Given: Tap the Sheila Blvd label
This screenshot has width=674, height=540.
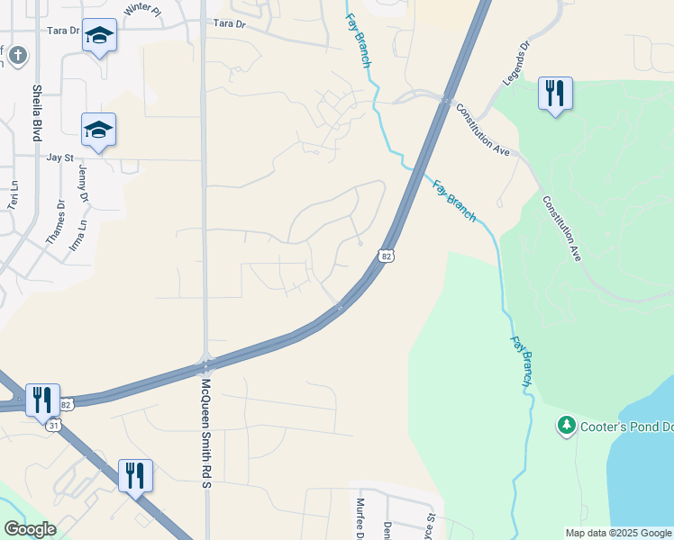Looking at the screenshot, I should [x=38, y=112].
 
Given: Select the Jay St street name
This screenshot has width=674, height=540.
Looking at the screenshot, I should [x=59, y=157].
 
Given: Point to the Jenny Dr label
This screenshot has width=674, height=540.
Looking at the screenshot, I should [x=84, y=184].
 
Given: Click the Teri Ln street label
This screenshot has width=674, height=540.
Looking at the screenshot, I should [x=14, y=196].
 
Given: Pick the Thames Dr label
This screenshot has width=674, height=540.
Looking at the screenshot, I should [x=56, y=221].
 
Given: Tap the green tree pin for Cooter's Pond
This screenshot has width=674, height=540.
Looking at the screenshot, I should [x=567, y=424].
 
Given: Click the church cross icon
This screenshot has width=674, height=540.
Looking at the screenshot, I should [x=16, y=57].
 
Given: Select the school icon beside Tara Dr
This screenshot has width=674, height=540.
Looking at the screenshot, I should [x=99, y=35].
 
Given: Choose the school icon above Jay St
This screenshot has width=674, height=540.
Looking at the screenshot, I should [x=99, y=130].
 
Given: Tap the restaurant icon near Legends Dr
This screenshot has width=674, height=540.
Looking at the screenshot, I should [x=555, y=93].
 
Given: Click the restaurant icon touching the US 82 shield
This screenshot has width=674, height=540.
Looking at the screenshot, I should [x=43, y=399].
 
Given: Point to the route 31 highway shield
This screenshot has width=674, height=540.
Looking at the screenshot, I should [x=54, y=425].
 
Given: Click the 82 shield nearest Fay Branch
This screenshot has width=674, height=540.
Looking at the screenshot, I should [x=387, y=256].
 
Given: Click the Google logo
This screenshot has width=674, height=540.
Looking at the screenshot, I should [x=31, y=528].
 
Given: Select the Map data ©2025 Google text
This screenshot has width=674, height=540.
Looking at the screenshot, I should [x=617, y=533].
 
